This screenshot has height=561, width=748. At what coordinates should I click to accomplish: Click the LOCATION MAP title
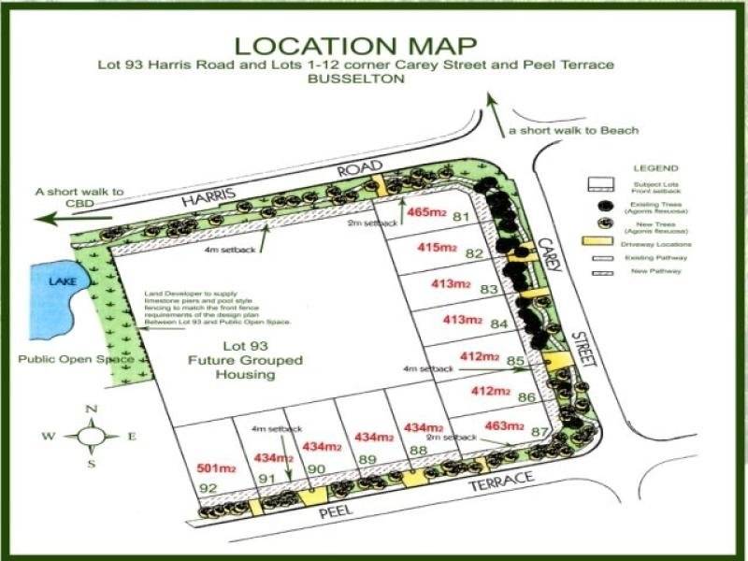(355, 46)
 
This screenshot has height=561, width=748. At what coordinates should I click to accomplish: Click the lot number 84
(498, 324)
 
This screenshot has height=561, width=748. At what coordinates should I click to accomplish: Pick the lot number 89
(367, 459)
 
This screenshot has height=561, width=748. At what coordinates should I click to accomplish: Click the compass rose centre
(92, 436)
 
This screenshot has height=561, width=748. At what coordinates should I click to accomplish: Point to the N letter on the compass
(91, 409)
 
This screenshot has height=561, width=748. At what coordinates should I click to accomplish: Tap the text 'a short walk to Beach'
(573, 130)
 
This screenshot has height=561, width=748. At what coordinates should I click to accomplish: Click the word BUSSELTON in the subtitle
(355, 80)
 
